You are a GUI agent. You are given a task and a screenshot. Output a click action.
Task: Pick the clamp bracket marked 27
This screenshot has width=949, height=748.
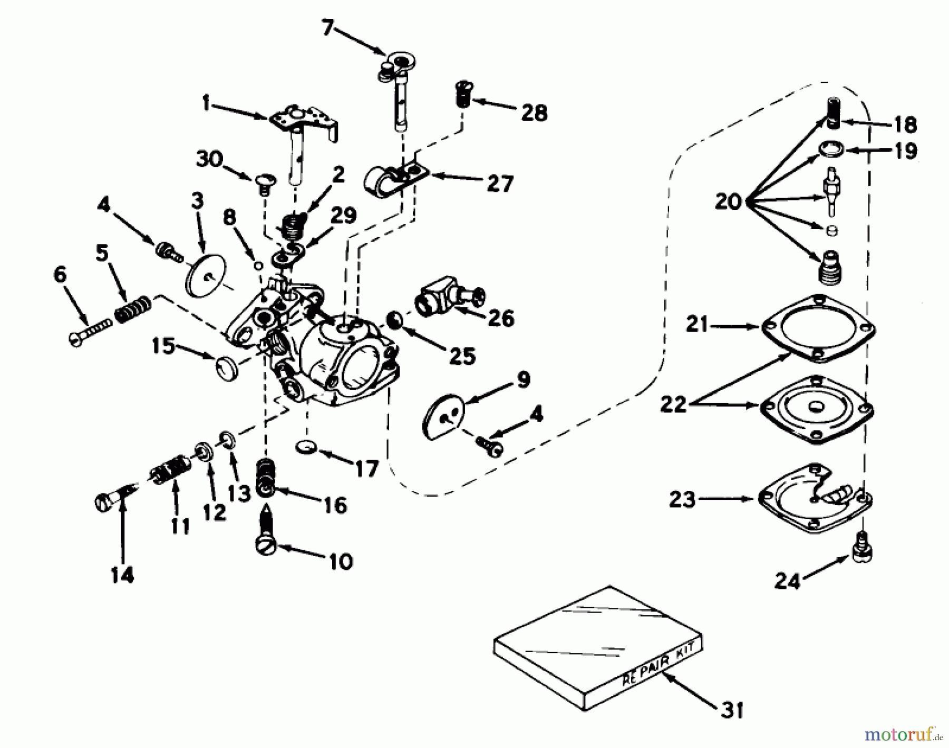(x=395, y=177)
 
